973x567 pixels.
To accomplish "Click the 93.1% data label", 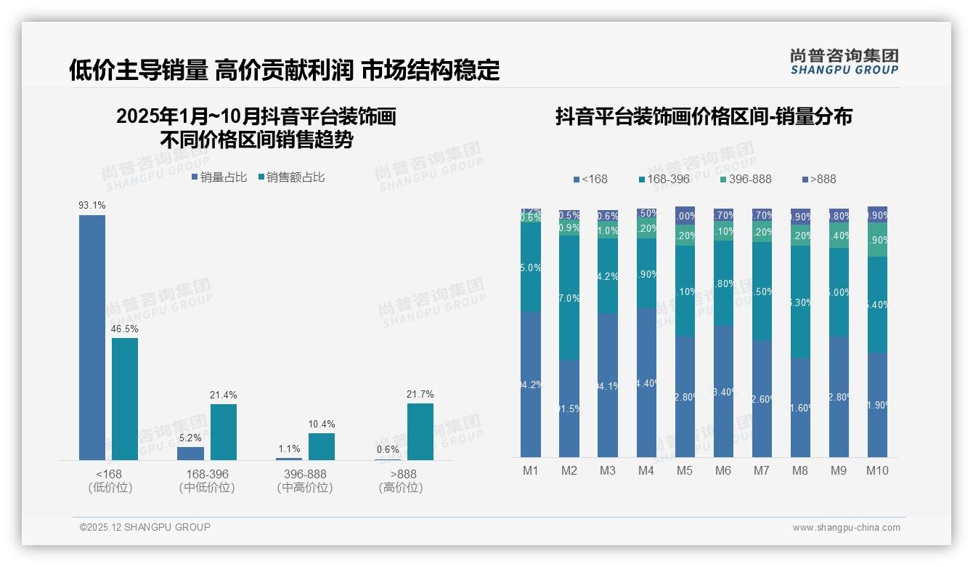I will [x=92, y=206].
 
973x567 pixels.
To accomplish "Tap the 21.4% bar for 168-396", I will [x=224, y=432].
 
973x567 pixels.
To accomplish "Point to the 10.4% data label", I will [x=322, y=425].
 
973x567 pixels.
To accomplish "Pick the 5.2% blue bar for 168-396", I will [x=190, y=453].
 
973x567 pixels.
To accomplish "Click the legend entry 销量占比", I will [x=219, y=177].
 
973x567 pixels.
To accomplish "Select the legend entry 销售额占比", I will [x=291, y=177].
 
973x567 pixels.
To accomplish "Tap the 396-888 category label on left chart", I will [x=305, y=474].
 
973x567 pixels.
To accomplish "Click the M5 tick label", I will [x=685, y=471].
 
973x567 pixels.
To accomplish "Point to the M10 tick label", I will [x=877, y=471].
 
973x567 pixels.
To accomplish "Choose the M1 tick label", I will [x=531, y=471].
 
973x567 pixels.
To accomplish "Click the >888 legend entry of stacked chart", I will [x=819, y=179].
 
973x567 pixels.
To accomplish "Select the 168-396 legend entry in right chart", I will [x=664, y=179].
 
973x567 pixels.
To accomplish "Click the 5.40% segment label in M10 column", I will [x=878, y=305].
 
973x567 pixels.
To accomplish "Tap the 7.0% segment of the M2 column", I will [x=569, y=298].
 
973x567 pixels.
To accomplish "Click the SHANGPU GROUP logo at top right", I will [x=844, y=62].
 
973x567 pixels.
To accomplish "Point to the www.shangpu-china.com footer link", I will [x=846, y=528].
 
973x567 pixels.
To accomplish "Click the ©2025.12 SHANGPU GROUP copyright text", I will [x=145, y=527].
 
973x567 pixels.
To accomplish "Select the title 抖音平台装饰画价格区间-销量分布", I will [x=704, y=116].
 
